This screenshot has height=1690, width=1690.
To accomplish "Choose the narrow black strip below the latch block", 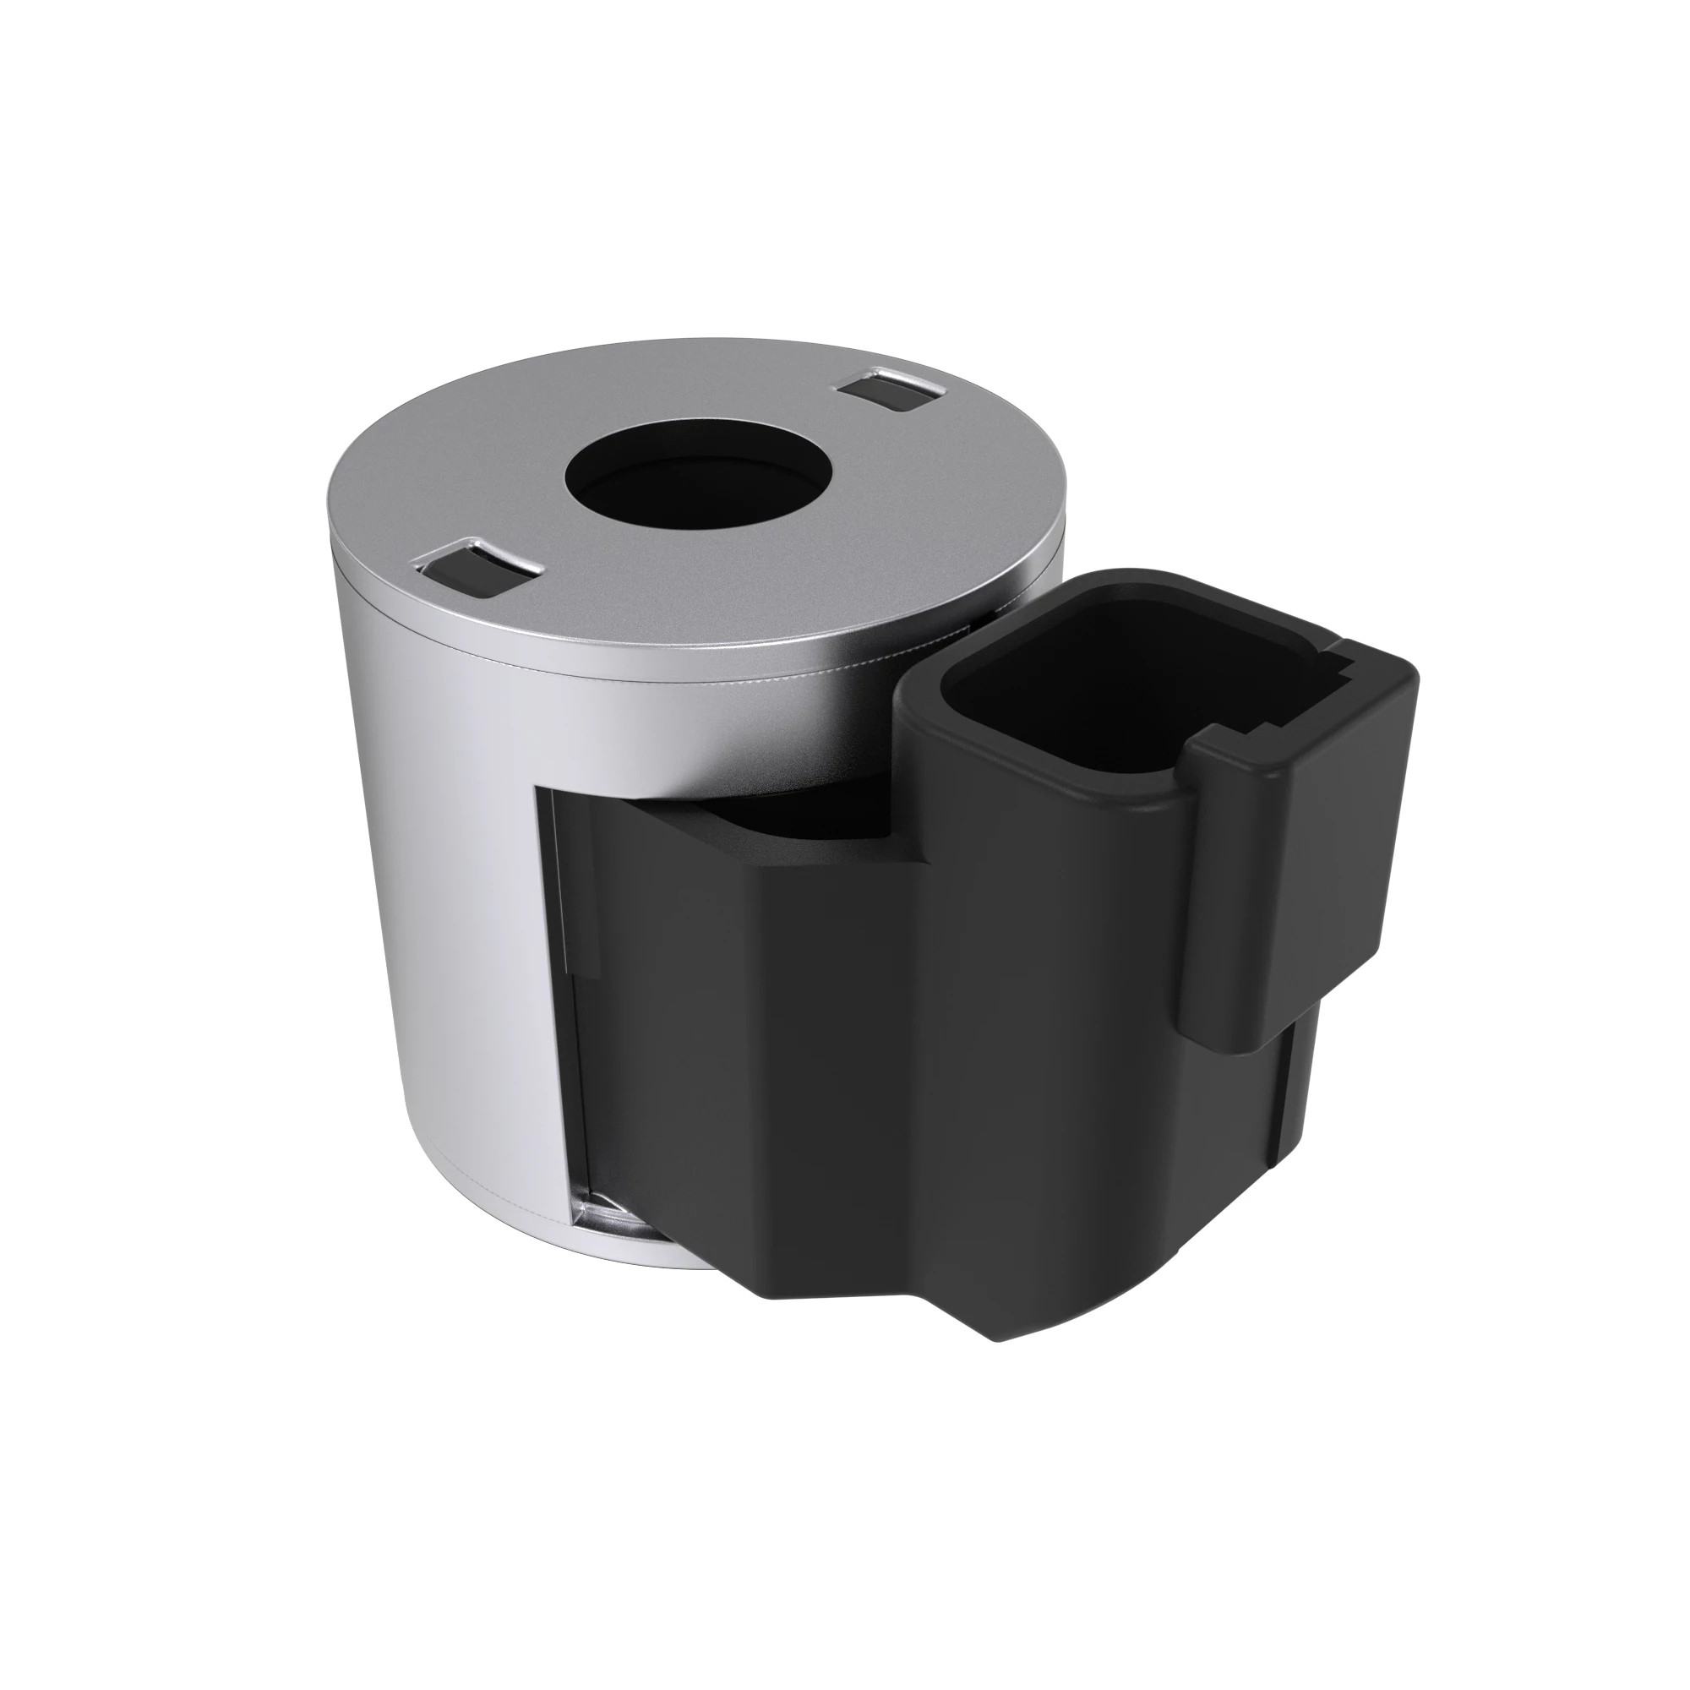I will tap(1286, 1093).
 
